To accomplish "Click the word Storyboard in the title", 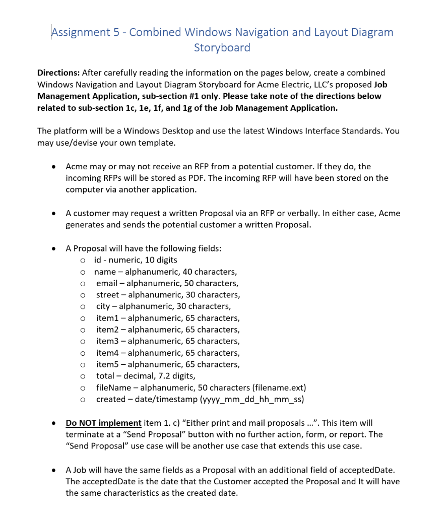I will (x=222, y=48).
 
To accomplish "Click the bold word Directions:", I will (x=58, y=73).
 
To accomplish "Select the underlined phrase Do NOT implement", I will (x=103, y=423).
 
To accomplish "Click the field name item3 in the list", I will (x=108, y=341).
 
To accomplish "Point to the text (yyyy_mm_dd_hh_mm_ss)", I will (x=252, y=399).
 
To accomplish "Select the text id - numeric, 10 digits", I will (x=136, y=260).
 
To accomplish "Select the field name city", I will (x=104, y=306).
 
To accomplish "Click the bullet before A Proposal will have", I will (x=53, y=248).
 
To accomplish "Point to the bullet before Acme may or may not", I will (x=53, y=166).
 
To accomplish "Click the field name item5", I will (x=108, y=364).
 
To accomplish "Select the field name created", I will (x=111, y=399).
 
